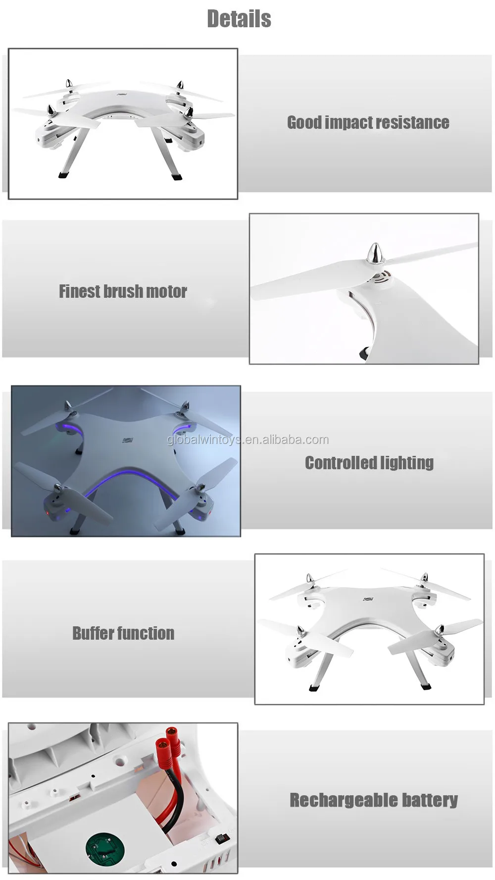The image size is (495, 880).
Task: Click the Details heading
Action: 239,19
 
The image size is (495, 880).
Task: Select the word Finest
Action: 79,291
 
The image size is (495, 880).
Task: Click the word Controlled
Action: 341,463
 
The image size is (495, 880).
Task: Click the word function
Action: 147,633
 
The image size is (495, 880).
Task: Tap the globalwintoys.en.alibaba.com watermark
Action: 247,440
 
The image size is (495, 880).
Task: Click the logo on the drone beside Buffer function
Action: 368,599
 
